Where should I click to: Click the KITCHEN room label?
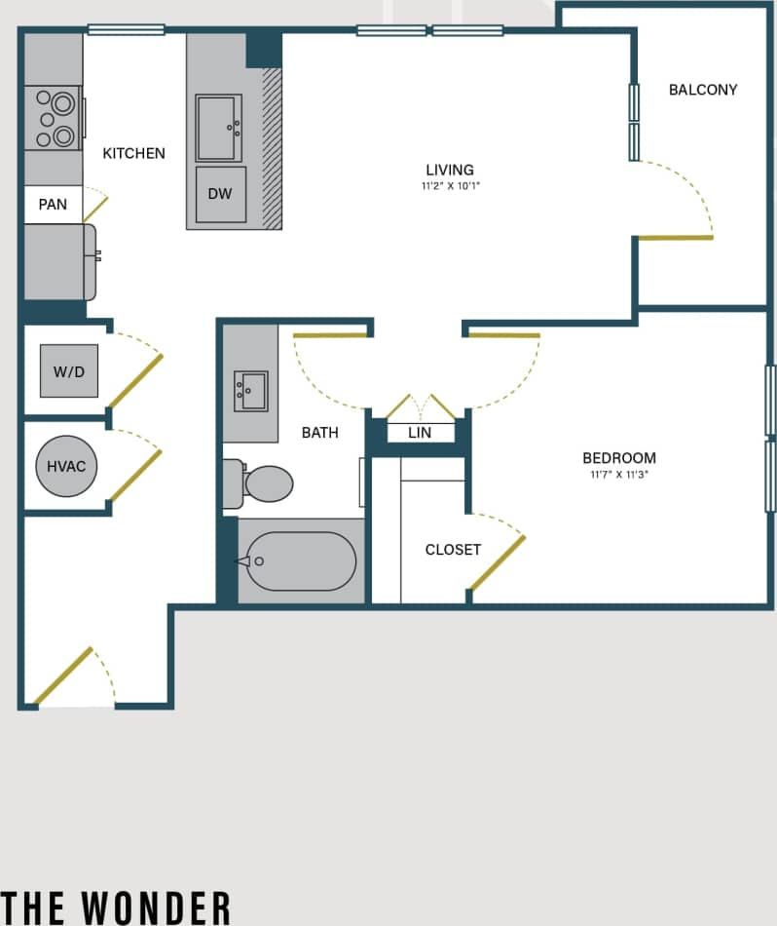(133, 153)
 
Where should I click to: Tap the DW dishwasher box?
(220, 193)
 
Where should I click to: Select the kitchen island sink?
(218, 128)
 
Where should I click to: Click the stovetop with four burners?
(54, 118)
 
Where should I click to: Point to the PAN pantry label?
(53, 204)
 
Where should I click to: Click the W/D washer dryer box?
(68, 370)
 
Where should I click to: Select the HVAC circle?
(66, 466)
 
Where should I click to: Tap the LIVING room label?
(450, 170)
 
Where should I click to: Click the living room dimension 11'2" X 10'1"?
(450, 185)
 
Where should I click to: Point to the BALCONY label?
(703, 90)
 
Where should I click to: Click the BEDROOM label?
(619, 458)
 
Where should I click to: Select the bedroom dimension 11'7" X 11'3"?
(619, 475)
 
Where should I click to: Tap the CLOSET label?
(453, 550)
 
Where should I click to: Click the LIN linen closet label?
(420, 432)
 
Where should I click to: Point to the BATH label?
(319, 432)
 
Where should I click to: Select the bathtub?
(300, 560)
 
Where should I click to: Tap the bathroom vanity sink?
(250, 391)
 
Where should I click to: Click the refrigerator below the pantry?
(58, 262)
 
